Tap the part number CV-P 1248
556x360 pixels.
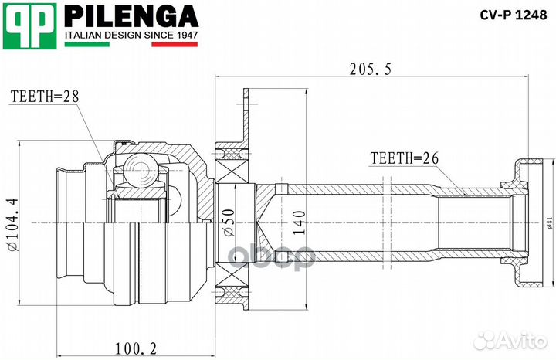(511, 14)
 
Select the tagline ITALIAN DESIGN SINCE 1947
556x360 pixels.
(131, 36)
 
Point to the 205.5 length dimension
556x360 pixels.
(371, 70)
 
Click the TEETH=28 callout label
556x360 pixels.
(45, 97)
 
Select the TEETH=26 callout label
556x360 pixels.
(404, 159)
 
